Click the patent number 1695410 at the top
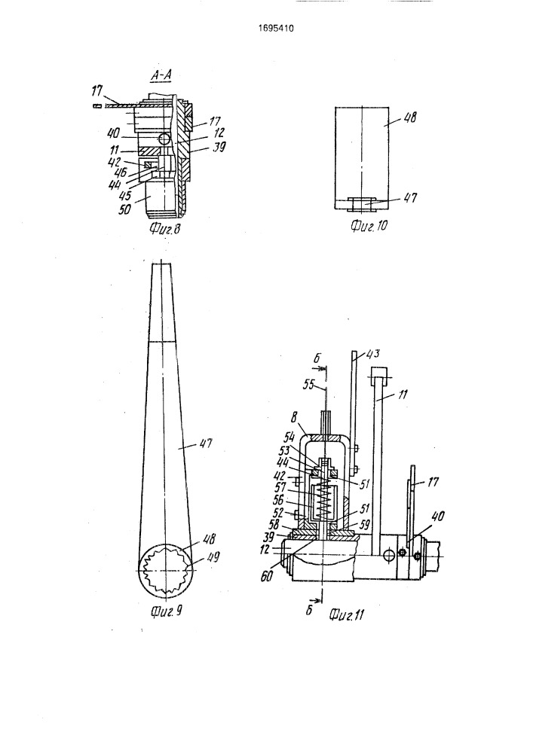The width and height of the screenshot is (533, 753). [276, 29]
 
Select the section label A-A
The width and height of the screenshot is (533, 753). [161, 75]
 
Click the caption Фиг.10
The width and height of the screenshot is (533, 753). [369, 225]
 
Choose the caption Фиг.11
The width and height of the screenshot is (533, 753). [347, 615]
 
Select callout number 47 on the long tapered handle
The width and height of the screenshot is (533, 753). [206, 445]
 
